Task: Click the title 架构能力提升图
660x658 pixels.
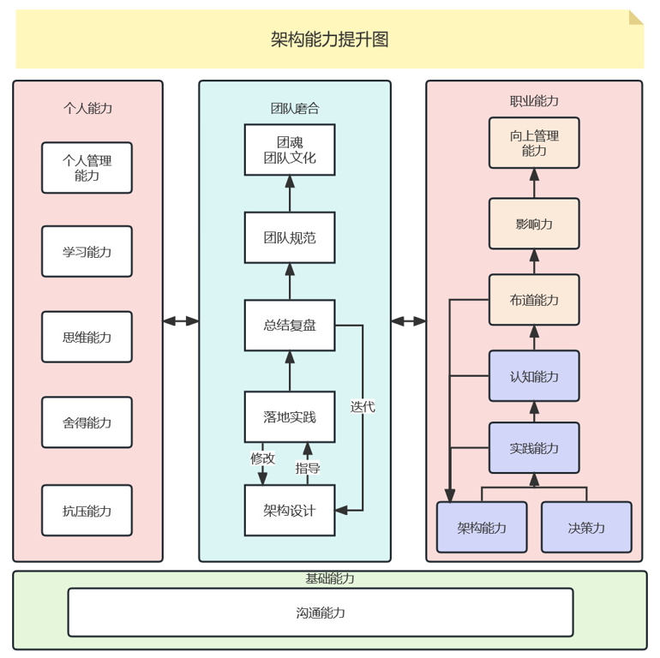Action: [330, 39]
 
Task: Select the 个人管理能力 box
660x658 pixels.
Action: [87, 168]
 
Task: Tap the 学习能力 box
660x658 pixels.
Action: [87, 252]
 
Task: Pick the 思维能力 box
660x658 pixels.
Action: [87, 337]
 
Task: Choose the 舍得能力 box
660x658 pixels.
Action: [87, 422]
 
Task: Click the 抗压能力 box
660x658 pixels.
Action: [87, 511]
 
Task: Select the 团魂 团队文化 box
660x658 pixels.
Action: [290, 150]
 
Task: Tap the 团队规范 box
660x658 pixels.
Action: [290, 237]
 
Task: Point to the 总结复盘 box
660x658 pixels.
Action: [290, 325]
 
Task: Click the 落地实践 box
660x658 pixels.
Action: [290, 417]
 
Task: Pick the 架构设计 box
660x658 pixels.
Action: [290, 511]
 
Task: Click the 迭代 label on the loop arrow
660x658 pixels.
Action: [363, 407]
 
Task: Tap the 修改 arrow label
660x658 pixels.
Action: [262, 458]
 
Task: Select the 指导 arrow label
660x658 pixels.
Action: [308, 468]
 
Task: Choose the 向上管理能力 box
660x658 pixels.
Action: [534, 143]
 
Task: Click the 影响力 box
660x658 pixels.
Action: [534, 224]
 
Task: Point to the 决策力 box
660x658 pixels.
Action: [586, 527]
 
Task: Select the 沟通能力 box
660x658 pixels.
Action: [321, 613]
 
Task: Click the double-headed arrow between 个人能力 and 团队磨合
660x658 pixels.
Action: [181, 321]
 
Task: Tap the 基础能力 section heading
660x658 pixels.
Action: [330, 579]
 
